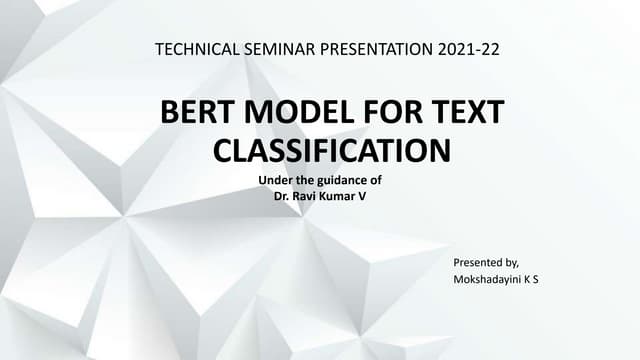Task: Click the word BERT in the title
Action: [x=198, y=113]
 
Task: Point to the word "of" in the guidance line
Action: [x=377, y=180]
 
